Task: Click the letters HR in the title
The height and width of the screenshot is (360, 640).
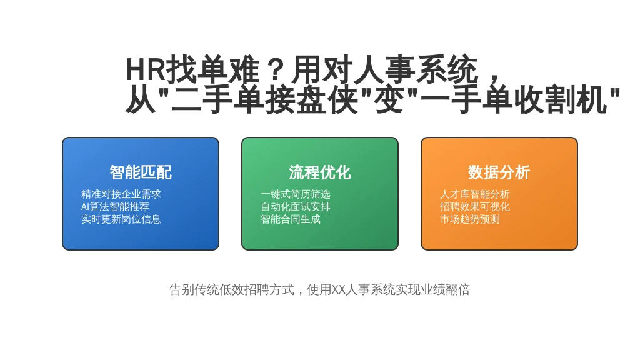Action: (146, 69)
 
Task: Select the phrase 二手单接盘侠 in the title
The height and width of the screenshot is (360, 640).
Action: (264, 99)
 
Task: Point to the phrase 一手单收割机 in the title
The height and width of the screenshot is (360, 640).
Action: (513, 99)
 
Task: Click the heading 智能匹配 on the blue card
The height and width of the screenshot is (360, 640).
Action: (141, 172)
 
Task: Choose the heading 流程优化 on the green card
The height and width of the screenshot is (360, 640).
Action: (320, 172)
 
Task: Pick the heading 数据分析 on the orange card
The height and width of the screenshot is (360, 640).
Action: (499, 172)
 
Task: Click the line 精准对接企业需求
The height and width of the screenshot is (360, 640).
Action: (121, 194)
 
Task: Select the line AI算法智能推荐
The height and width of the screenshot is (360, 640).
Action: (115, 206)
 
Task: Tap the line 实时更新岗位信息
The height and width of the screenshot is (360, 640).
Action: (121, 219)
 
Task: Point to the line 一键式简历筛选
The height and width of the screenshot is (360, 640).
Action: (296, 194)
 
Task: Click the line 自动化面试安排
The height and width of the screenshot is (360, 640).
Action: (296, 206)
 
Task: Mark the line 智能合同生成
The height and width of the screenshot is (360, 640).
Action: (291, 219)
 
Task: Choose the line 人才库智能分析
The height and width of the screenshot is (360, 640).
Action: (475, 194)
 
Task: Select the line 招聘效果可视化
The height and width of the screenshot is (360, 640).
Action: (475, 206)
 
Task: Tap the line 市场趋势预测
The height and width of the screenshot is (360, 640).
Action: (470, 219)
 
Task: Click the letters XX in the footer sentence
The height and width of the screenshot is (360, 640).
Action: (339, 290)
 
